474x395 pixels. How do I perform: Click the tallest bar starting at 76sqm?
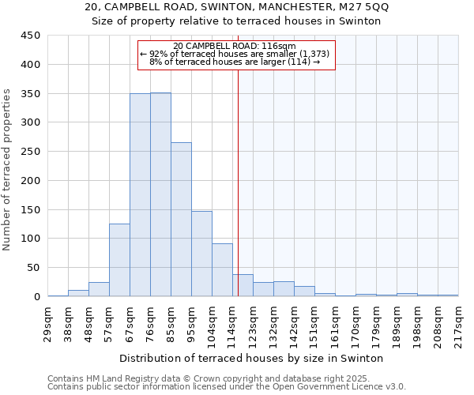pos(160,194)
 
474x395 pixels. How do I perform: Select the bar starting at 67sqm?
pos(140,195)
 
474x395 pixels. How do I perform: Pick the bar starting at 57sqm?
pos(119,260)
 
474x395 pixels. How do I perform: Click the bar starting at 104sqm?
pos(222,270)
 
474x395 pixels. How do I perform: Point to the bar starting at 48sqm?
pos(99,289)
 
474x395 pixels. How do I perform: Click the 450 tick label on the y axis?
pos(31,36)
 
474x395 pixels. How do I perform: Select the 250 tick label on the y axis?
pos(31,152)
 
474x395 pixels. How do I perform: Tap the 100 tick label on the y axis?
pos(31,239)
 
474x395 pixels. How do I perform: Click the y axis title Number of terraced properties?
pos(7,170)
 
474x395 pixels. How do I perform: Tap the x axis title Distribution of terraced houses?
pos(251,358)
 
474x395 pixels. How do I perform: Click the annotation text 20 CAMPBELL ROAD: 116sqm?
pos(234,46)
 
